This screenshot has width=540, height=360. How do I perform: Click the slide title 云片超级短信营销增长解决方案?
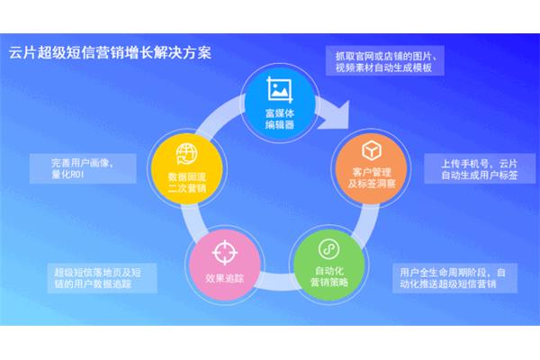point(110,53)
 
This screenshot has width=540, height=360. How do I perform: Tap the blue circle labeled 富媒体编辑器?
point(279,103)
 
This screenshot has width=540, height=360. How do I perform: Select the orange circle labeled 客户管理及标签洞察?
point(371,168)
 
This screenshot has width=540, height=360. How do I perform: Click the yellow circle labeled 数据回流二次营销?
point(186,169)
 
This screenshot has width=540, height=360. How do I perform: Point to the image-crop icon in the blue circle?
point(280,90)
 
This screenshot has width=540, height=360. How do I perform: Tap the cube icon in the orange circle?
point(372,150)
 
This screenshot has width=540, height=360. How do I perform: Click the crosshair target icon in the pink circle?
point(224,253)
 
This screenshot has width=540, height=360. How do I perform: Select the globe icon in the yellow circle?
point(187,154)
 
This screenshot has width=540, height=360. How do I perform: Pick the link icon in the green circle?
point(328,248)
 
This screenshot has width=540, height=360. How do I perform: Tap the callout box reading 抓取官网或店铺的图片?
point(384,60)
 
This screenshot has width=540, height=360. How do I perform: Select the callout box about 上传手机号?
point(480,168)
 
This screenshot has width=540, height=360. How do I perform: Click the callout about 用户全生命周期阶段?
point(454,278)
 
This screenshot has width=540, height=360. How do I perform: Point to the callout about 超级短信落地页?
point(102,278)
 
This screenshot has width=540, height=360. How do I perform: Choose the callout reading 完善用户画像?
point(83,168)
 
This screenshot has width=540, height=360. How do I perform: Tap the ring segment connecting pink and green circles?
point(276,282)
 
